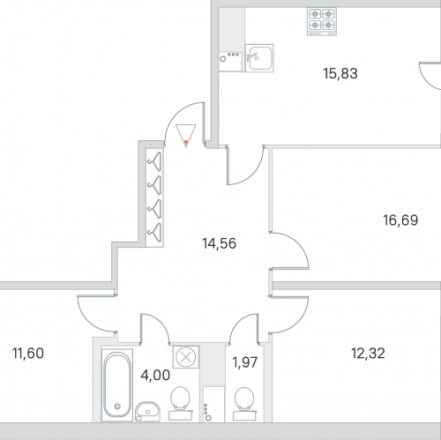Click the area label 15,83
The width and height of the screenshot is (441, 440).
pos(340,73)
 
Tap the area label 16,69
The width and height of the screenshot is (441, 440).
pos(400,220)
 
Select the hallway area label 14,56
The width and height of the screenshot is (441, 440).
pos(219,243)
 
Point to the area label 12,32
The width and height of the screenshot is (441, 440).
pos(368,354)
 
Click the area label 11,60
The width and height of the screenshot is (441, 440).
pos(28,354)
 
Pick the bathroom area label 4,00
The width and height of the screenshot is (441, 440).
pos(155,376)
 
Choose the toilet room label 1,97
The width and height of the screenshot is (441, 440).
pos(245,362)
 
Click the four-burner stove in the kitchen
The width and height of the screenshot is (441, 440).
pos(322,21)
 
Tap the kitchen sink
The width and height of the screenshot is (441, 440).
pos(259,58)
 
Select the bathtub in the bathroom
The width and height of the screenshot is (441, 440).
pos(117,385)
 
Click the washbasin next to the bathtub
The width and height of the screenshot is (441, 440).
pos(147,412)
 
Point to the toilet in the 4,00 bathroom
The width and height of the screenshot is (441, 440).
pos(180,403)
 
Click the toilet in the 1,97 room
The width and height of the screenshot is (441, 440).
pos(244,404)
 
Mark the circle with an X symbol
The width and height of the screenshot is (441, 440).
pos(185,357)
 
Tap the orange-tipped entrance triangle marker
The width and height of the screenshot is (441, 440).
pos(186,136)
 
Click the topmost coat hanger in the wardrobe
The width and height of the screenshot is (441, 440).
pos(155,161)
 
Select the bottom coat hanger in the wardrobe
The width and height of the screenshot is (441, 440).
pos(155,233)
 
